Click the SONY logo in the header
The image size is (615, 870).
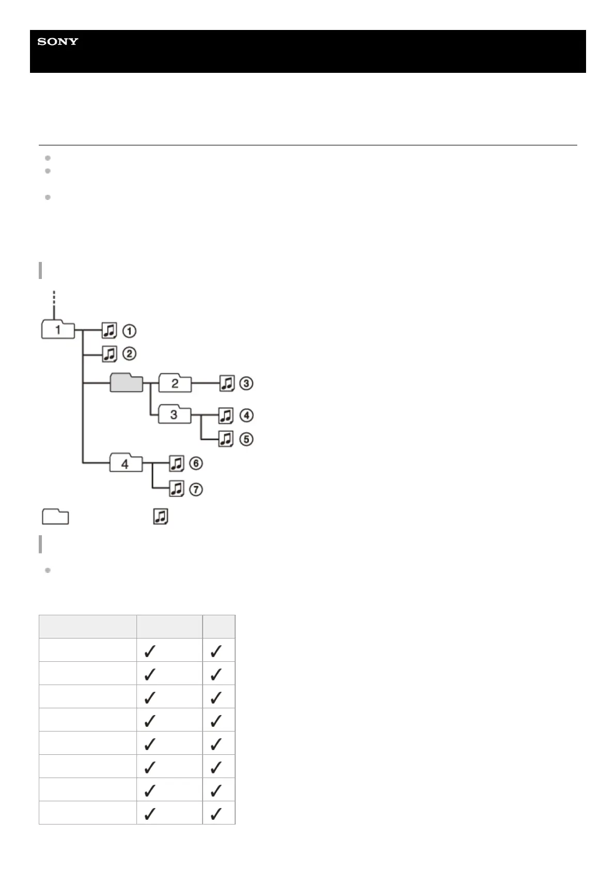[x=57, y=41]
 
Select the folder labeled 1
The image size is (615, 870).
[x=58, y=330]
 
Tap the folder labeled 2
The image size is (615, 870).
[x=175, y=383]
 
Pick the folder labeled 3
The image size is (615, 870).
[x=174, y=414]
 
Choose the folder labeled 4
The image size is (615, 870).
[x=125, y=463]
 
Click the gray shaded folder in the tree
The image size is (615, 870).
[x=126, y=383]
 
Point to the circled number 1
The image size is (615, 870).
[x=129, y=330]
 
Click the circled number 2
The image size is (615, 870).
[x=129, y=354]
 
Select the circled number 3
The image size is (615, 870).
[x=247, y=383]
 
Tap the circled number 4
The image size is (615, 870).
[x=247, y=415]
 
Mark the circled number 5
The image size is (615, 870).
[x=247, y=439]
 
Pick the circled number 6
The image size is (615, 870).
[x=196, y=463]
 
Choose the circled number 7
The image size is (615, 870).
[x=196, y=489]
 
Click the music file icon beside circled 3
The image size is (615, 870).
[x=226, y=383]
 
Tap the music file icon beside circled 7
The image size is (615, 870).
[x=177, y=489]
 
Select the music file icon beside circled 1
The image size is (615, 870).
[x=109, y=330]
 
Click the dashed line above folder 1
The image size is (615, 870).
[x=54, y=300]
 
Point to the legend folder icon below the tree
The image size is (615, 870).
[x=55, y=517]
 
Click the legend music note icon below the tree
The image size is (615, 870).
[x=160, y=517]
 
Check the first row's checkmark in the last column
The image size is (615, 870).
[x=217, y=651]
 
